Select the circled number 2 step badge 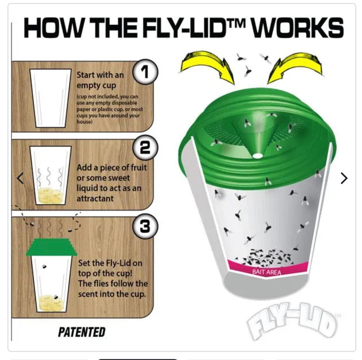tap(145, 148)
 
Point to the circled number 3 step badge tap(145, 226)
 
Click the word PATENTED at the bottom tap(82, 332)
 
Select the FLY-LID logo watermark tap(291, 320)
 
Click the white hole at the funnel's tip tap(258, 155)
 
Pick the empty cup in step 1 tap(51, 98)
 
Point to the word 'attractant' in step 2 tap(95, 198)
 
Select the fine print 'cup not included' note tap(110, 109)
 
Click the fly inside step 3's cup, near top tap(45, 265)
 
